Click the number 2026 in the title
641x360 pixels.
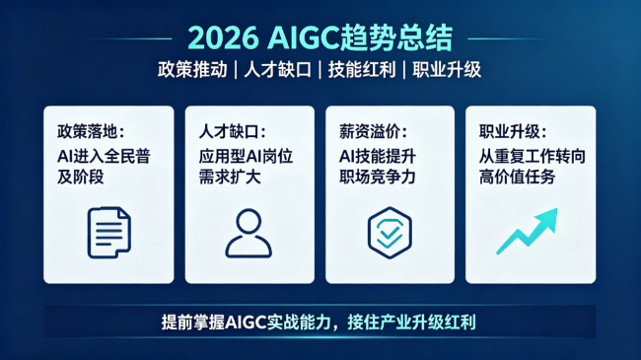223,38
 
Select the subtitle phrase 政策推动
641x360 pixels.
192,70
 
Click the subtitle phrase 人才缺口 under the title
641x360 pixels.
278,70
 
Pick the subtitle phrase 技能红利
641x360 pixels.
362,70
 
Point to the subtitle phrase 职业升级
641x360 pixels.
447,70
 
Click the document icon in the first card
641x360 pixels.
109,233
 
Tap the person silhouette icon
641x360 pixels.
249,233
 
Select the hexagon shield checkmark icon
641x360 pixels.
390,233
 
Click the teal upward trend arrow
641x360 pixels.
528,232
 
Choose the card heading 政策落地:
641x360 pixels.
91,132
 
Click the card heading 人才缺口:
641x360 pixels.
233,132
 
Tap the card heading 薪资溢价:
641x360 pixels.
373,132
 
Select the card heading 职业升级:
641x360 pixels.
513,132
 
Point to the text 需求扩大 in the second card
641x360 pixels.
230,177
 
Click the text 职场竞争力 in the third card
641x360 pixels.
378,177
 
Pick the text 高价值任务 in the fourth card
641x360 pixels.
517,177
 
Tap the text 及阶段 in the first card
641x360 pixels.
81,177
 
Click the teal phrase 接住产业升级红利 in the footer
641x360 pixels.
411,323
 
